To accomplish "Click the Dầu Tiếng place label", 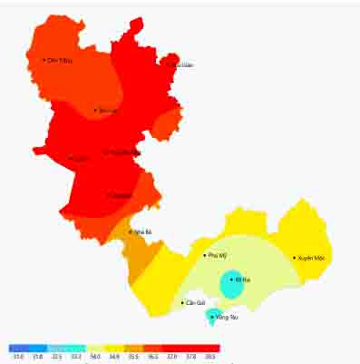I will click(x=58, y=61).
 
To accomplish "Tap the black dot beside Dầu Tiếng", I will click(x=44, y=60).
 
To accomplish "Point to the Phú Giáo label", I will click(x=180, y=64).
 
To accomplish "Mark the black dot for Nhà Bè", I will click(x=131, y=232).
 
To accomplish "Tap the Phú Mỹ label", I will click(x=217, y=256).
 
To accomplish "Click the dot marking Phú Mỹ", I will click(x=206, y=256).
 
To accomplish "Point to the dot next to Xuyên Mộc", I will click(x=294, y=258).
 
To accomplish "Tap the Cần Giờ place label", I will click(x=195, y=303).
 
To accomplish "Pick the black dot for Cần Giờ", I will click(x=182, y=302).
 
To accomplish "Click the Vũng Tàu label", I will click(x=225, y=317).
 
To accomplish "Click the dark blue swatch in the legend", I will click(x=18, y=348).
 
